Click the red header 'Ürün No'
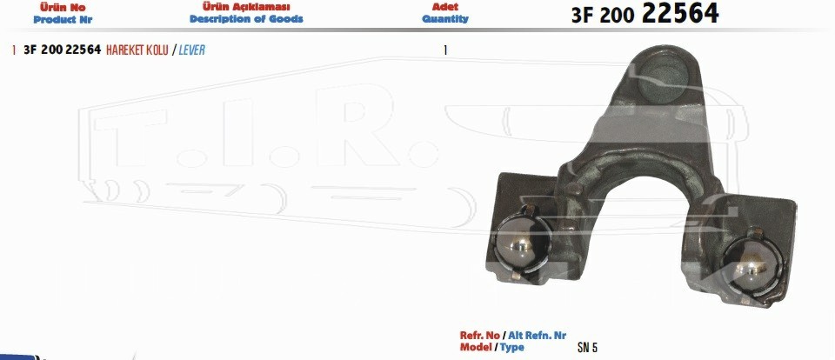tap(63, 8)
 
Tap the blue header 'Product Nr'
tap(63, 20)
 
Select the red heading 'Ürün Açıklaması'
tap(246, 7)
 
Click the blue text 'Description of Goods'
tap(246, 19)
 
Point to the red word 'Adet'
tap(445, 7)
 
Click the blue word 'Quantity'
tap(445, 19)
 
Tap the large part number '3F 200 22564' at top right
tap(645, 14)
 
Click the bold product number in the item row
tap(63, 50)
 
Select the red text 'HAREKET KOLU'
tap(137, 50)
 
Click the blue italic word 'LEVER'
tap(191, 50)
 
